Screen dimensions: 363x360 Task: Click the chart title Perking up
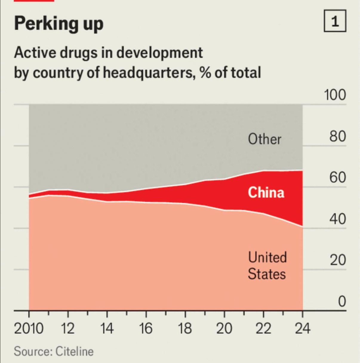click(x=59, y=23)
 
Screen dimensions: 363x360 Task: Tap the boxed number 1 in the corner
click(x=335, y=21)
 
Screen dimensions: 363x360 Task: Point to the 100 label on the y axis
click(x=335, y=95)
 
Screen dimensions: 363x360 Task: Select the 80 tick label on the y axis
click(x=338, y=136)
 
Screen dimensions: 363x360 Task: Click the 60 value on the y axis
click(x=338, y=177)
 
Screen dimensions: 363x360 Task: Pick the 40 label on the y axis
click(x=338, y=219)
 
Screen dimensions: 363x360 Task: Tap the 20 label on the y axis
click(x=338, y=260)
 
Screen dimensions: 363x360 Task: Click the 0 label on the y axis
click(x=342, y=301)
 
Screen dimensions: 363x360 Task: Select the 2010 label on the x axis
click(x=29, y=329)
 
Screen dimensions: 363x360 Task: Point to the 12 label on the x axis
click(x=68, y=329)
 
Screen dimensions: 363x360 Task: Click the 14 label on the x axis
click(x=107, y=329)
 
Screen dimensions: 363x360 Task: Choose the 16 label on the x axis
click(x=146, y=329)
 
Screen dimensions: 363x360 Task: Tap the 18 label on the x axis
click(x=185, y=329)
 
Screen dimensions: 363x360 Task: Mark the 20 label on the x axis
click(x=224, y=329)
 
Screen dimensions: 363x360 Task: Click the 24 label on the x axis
click(x=302, y=329)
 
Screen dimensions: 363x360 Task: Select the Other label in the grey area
click(x=264, y=139)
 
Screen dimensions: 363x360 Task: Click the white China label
click(x=266, y=192)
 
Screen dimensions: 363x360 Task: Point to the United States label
click(x=267, y=266)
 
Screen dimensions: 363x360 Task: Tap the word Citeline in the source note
click(x=75, y=351)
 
